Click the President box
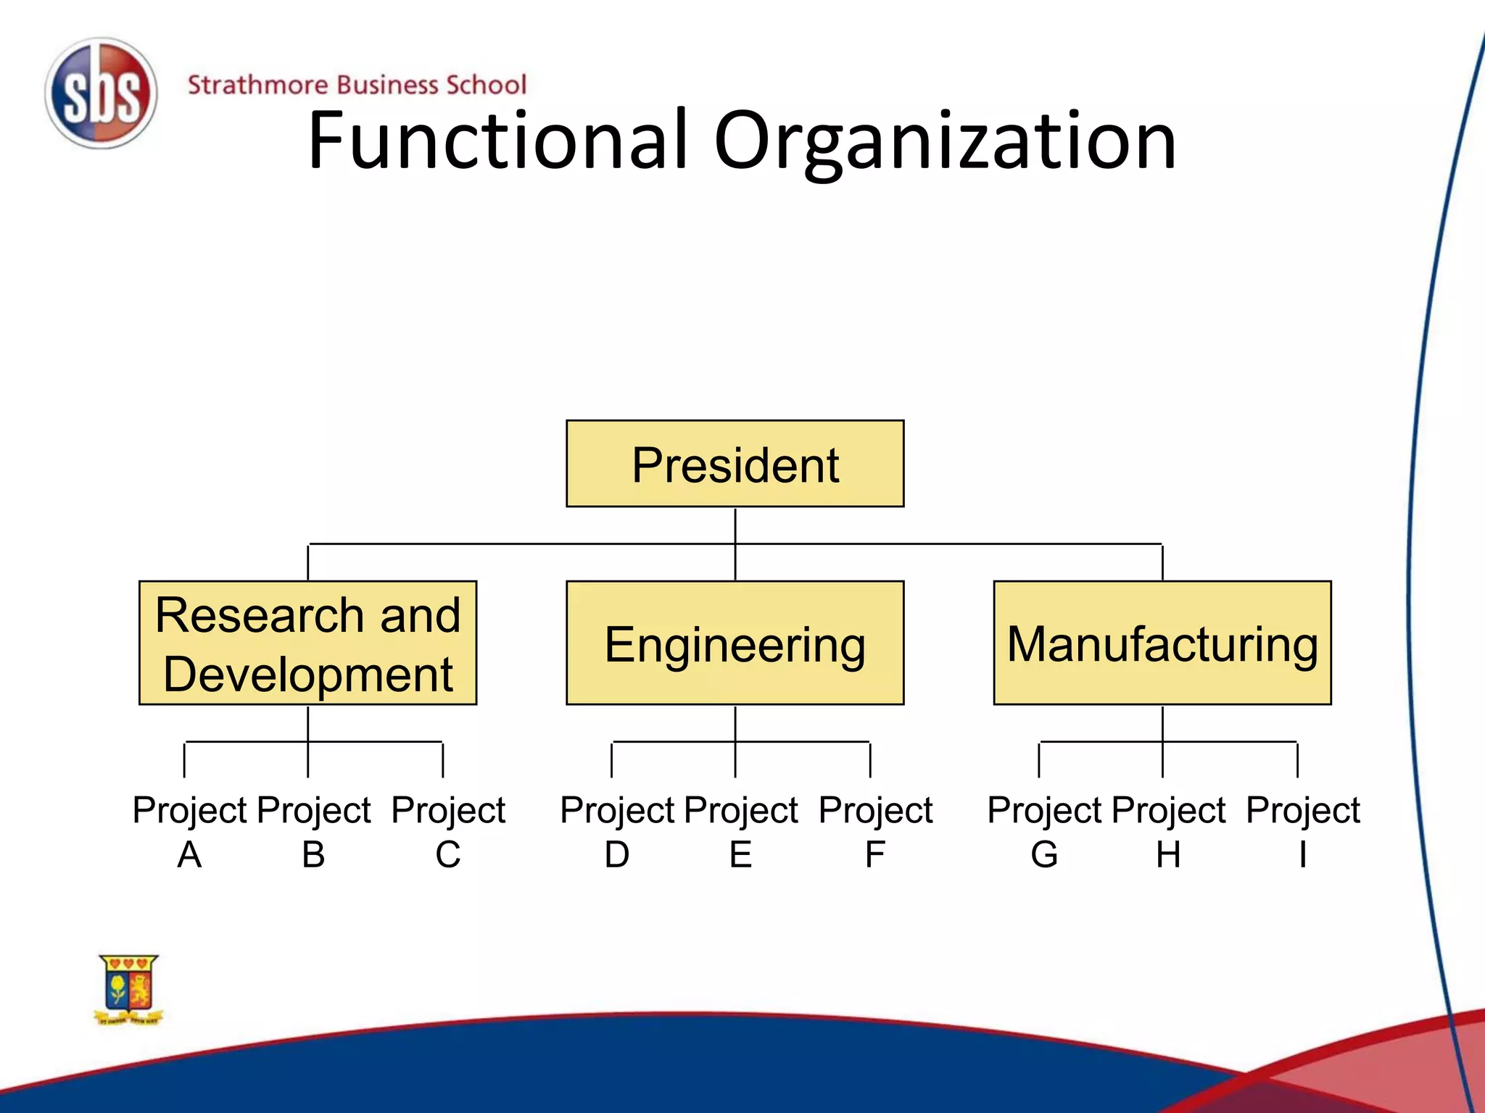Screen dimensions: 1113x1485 [735, 464]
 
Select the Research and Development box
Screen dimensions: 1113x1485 [307, 642]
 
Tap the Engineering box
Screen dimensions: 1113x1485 [735, 643]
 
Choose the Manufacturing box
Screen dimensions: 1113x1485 [1162, 643]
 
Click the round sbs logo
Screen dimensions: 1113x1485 [101, 93]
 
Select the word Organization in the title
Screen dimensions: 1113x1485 [945, 141]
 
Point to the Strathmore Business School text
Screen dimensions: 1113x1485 [357, 85]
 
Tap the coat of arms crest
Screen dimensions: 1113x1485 [128, 988]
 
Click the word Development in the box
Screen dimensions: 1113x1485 [307, 674]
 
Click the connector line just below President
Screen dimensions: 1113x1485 [735, 525]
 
